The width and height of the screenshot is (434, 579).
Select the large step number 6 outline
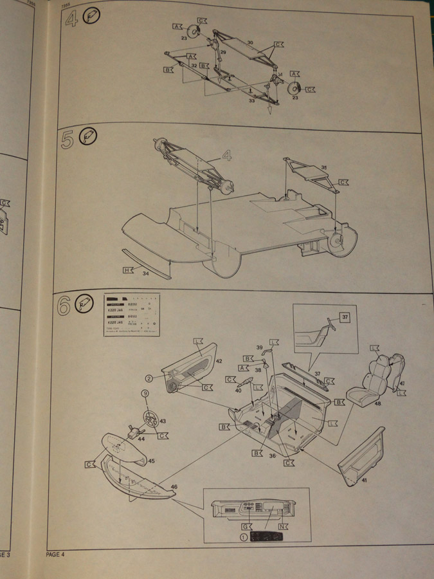(64, 306)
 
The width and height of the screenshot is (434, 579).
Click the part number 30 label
(251, 42)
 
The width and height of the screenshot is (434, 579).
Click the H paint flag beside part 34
(128, 270)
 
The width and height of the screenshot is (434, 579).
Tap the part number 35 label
(324, 167)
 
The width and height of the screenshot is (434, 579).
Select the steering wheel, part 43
(150, 421)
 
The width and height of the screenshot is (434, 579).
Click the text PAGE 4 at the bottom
(55, 554)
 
